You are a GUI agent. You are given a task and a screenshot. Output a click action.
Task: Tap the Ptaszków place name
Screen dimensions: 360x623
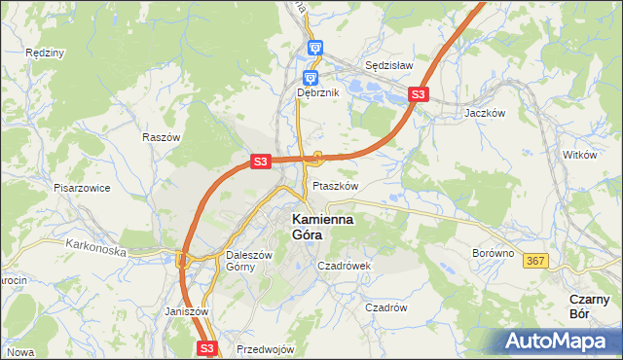click(x=336, y=186)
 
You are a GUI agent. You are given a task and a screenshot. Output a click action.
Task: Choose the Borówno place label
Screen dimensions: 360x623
click(x=493, y=252)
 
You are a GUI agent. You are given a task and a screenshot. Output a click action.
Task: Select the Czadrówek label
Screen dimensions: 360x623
click(x=347, y=265)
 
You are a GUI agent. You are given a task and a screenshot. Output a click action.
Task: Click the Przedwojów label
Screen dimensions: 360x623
click(x=265, y=349)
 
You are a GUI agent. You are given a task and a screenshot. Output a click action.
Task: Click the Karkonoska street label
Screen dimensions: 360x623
click(x=97, y=250)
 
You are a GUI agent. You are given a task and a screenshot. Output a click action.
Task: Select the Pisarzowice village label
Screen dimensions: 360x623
click(x=82, y=187)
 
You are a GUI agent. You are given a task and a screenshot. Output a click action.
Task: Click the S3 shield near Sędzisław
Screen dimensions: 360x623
click(x=418, y=94)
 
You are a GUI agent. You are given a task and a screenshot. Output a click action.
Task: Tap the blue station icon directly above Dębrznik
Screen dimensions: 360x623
click(x=310, y=78)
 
